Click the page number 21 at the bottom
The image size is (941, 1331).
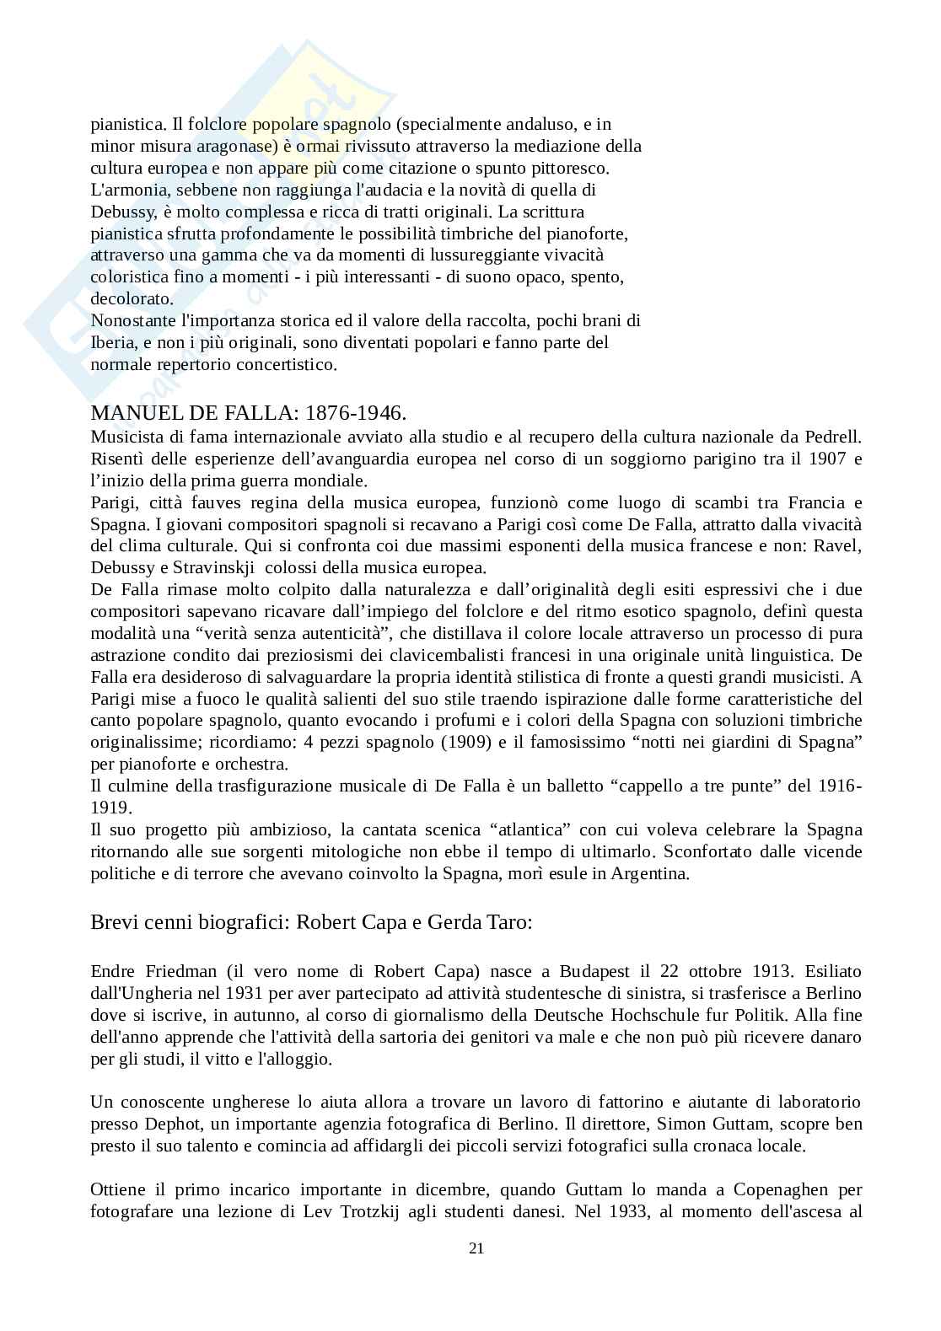(x=476, y=1248)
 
